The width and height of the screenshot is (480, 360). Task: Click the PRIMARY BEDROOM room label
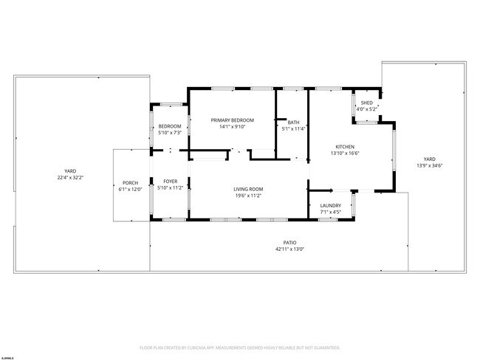[x=232, y=120]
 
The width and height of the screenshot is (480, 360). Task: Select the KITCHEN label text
[x=345, y=147]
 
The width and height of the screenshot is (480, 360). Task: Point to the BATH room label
[x=293, y=122]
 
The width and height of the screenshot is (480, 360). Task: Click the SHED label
[x=366, y=103]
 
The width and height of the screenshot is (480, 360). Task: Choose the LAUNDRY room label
[x=330, y=206]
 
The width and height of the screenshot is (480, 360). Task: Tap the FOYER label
[x=170, y=181]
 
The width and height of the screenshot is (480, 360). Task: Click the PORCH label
[x=131, y=183]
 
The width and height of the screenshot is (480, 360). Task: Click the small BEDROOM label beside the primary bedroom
[x=169, y=127]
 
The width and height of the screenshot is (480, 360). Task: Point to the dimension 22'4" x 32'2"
[x=70, y=178]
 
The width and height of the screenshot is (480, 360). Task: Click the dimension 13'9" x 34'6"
[x=429, y=165]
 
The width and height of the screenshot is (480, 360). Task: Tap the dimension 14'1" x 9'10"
[x=232, y=127]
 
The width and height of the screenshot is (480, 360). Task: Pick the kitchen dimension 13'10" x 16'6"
[x=345, y=153]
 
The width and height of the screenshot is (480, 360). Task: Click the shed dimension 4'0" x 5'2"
[x=366, y=109]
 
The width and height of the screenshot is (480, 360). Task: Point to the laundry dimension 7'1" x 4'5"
[x=330, y=212]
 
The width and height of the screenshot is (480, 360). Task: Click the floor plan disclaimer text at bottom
[x=239, y=347]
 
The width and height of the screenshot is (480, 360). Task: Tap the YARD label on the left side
[x=70, y=171]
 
